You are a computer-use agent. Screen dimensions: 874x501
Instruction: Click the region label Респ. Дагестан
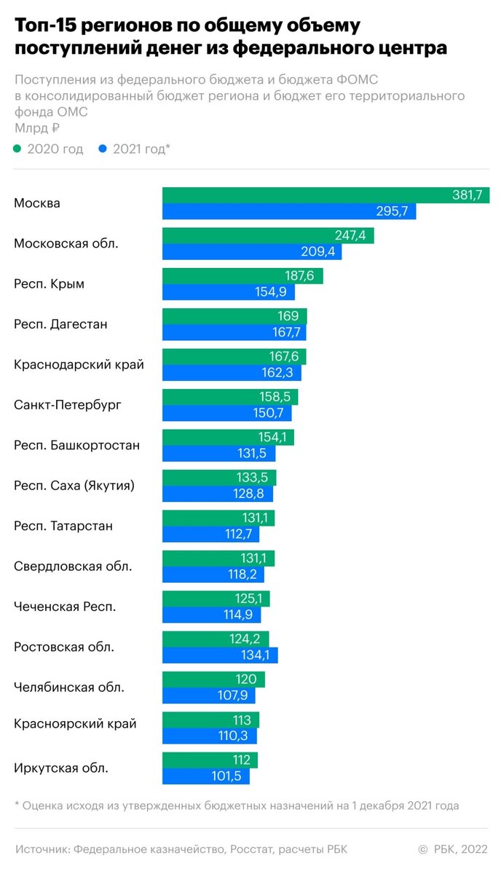60,324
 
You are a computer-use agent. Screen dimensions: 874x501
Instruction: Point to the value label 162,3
281,373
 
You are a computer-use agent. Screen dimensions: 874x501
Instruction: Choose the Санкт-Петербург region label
68,404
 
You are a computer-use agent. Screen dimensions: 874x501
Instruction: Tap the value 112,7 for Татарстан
240,534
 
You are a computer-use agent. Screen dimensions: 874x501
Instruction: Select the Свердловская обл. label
73,565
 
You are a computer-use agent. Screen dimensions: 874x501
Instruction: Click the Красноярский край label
75,723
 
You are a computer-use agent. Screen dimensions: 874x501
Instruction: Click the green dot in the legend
18,149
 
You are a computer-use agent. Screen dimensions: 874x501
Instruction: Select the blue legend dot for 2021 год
103,149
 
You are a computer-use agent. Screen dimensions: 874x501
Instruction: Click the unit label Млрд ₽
36,127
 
